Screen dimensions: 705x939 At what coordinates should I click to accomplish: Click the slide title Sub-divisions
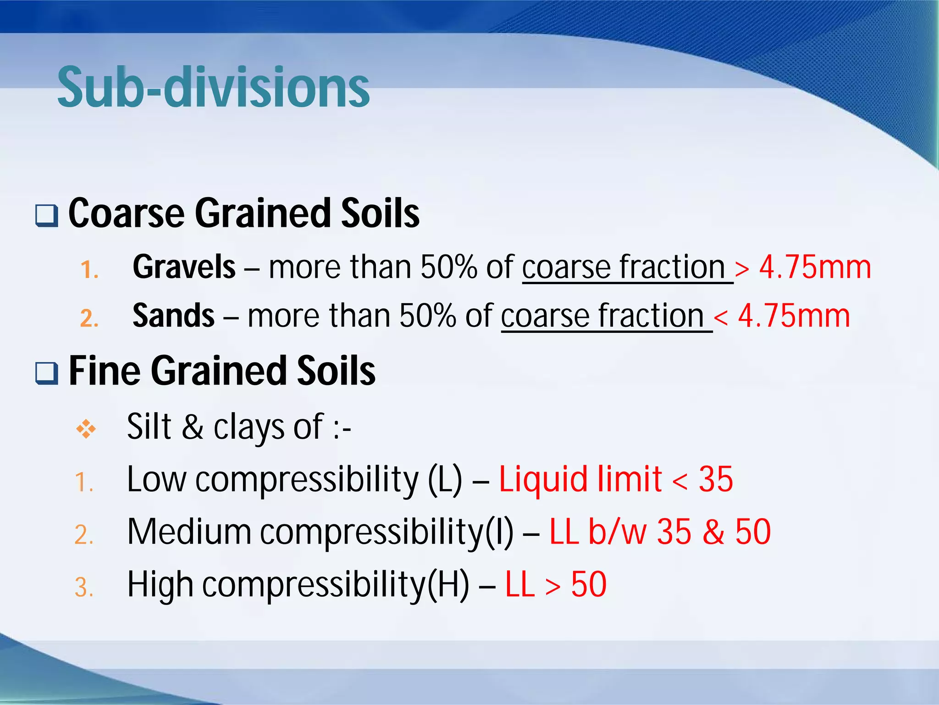[213, 87]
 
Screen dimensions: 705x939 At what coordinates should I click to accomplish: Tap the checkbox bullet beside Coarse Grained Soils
[47, 215]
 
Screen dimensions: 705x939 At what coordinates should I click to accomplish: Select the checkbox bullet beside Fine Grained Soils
[47, 373]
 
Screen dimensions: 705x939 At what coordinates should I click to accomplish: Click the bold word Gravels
[184, 267]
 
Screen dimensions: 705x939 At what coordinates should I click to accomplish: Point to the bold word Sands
[173, 316]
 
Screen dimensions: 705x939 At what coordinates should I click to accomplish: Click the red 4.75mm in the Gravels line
[815, 267]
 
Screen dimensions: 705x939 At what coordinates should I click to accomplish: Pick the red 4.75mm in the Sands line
[794, 316]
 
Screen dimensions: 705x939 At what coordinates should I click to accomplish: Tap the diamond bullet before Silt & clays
[86, 429]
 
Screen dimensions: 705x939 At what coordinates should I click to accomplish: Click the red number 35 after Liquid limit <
[715, 479]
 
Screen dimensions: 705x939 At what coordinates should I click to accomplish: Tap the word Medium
[189, 532]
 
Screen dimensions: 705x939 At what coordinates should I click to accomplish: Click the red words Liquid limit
[580, 479]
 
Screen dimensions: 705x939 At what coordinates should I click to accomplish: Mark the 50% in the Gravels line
[449, 267]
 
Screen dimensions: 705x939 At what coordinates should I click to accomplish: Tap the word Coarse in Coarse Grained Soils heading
[127, 213]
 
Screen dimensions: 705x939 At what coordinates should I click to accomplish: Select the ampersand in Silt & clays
[193, 427]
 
